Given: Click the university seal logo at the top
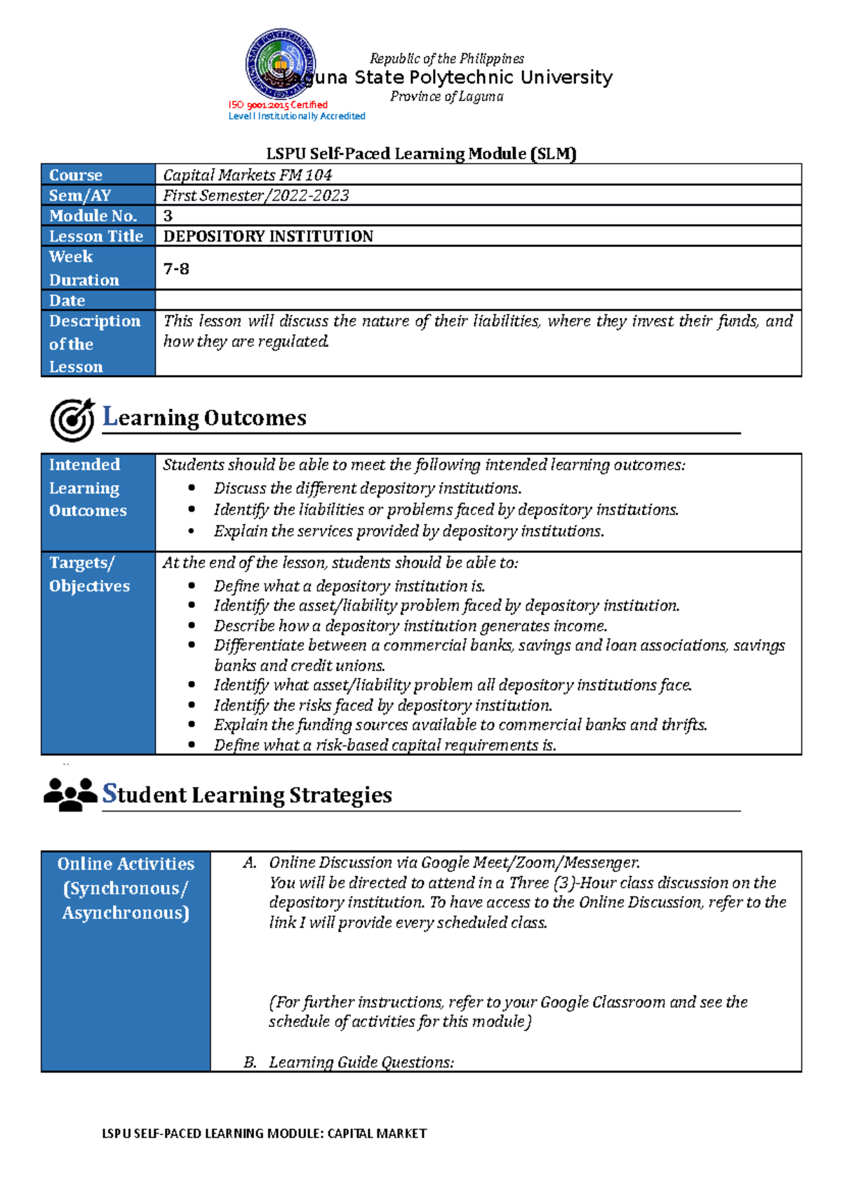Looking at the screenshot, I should tap(280, 64).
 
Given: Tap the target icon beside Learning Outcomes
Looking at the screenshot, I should tap(72, 420).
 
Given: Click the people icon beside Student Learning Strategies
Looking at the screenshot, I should tap(70, 795).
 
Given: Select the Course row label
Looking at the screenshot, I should tap(76, 175).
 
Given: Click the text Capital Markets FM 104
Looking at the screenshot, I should tap(247, 175).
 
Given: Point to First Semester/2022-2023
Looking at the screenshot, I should tap(255, 195).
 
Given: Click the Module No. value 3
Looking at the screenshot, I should tap(168, 216).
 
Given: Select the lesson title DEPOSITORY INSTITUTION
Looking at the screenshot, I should tap(268, 236).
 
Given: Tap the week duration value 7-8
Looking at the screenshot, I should tap(176, 269).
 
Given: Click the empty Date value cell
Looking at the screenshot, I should tap(477, 300).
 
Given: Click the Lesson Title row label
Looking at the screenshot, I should tap(96, 236).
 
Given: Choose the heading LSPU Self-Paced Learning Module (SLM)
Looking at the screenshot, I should tap(421, 153).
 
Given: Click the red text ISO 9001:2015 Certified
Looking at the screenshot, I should tap(278, 105).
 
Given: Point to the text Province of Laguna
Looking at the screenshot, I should tap(446, 96).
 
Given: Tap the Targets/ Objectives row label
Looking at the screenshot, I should tap(89, 574).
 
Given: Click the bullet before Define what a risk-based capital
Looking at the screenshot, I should tap(192, 746).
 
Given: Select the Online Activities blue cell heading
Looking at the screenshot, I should tap(126, 888).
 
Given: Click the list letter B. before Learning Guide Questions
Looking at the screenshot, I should tap(250, 1062).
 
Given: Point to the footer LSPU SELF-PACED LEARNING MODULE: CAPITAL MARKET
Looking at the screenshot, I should tap(264, 1133).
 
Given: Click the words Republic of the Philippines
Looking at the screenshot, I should tap(446, 58).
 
